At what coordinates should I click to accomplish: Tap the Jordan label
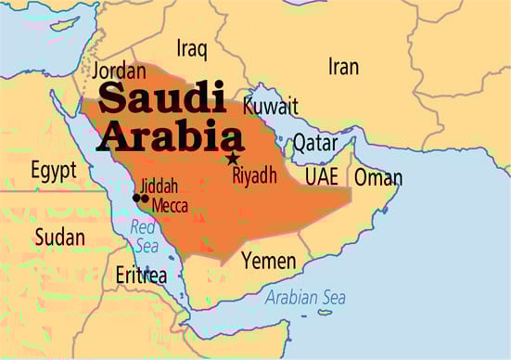click(x=119, y=71)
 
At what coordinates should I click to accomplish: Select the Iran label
click(x=343, y=66)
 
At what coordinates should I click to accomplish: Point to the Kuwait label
click(x=270, y=104)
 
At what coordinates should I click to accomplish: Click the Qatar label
click(x=315, y=142)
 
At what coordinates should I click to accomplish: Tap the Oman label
click(x=378, y=177)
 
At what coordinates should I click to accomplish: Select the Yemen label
click(x=269, y=262)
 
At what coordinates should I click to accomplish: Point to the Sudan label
click(x=59, y=238)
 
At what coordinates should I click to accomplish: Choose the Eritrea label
click(x=141, y=276)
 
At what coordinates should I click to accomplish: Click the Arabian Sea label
click(x=305, y=298)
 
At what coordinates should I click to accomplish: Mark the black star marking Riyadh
click(x=231, y=159)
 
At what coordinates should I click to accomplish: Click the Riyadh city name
click(x=254, y=175)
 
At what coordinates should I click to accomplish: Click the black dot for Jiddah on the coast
click(x=136, y=198)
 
